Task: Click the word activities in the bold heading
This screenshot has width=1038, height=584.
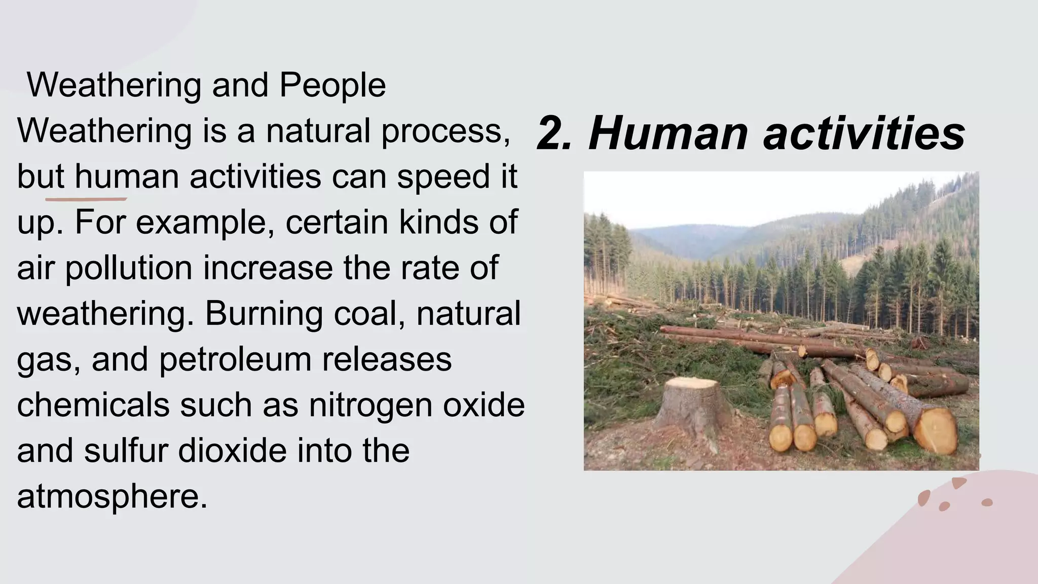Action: [864, 133]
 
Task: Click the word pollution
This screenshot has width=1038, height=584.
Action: [129, 268]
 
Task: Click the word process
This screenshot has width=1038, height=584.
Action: [446, 131]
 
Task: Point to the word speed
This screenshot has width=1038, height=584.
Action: [443, 177]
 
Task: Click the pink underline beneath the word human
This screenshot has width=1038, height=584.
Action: [86, 199]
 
